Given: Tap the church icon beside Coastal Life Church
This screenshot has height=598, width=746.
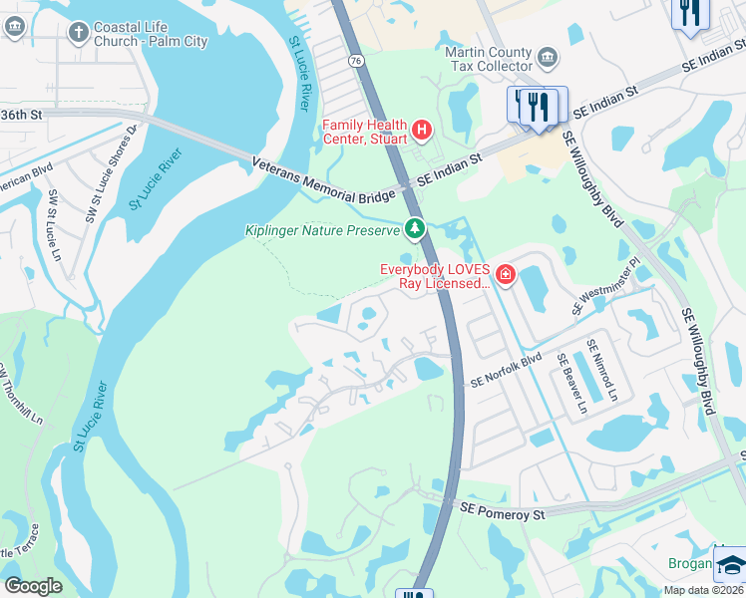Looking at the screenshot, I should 78,33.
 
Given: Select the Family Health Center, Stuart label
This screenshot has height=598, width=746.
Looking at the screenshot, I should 365,132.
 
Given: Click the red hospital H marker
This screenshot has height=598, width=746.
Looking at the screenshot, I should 422,130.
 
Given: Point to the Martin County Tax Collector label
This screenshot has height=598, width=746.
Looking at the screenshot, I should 489,59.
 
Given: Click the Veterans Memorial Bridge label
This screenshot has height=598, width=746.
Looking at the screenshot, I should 324,180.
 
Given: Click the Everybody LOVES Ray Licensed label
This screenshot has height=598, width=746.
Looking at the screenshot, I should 435,276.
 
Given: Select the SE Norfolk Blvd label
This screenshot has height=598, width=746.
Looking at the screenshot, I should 506,370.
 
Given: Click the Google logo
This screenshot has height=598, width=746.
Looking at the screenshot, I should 33,586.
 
